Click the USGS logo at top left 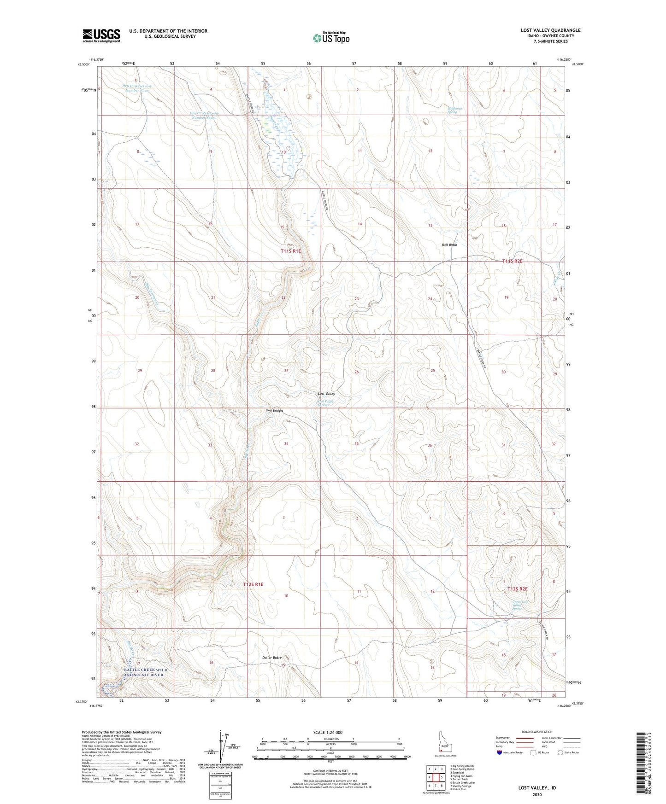(x=101, y=35)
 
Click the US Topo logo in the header (x=331, y=38)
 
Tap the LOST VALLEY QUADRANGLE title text (x=550, y=30)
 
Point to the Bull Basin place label (x=449, y=245)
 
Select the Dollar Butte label (x=271, y=658)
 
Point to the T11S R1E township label (x=290, y=251)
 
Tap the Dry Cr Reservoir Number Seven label (x=203, y=115)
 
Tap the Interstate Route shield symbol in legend (x=500, y=752)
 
